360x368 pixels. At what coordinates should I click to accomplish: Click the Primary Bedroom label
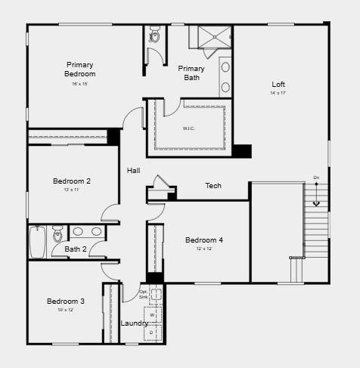pyautogui.click(x=80, y=69)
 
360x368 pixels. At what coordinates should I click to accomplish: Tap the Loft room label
pyautogui.click(x=278, y=84)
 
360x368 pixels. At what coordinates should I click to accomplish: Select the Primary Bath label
pyautogui.click(x=191, y=73)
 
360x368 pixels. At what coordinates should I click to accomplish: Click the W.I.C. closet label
pyautogui.click(x=189, y=128)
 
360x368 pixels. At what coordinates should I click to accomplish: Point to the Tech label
pyautogui.click(x=213, y=186)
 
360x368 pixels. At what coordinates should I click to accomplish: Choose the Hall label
pyautogui.click(x=134, y=171)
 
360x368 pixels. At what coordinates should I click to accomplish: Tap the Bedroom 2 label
pyautogui.click(x=72, y=181)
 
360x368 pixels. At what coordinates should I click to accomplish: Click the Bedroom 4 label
pyautogui.click(x=204, y=240)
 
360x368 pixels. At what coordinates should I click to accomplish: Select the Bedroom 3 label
pyautogui.click(x=66, y=302)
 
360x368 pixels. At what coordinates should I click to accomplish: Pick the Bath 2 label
pyautogui.click(x=75, y=249)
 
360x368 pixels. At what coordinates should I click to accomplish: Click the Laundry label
pyautogui.click(x=134, y=323)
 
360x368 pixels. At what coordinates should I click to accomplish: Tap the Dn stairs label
pyautogui.click(x=316, y=178)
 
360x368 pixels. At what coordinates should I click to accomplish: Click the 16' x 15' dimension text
pyautogui.click(x=80, y=84)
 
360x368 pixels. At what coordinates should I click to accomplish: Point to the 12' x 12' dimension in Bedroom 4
pyautogui.click(x=204, y=249)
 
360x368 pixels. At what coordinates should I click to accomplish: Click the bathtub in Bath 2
pyautogui.click(x=38, y=242)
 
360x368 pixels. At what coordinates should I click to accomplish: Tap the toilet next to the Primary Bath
pyautogui.click(x=154, y=34)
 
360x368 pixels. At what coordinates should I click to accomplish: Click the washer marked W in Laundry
pyautogui.click(x=152, y=314)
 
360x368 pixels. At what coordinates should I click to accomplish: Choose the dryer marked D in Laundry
pyautogui.click(x=152, y=332)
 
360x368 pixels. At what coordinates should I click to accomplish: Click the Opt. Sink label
pyautogui.click(x=144, y=294)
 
